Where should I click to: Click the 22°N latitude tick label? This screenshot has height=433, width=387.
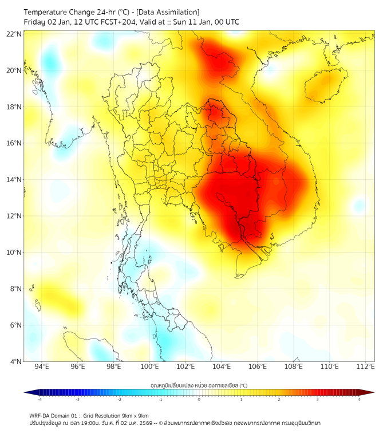(14, 34)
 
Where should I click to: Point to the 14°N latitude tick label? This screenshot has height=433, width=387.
(14, 179)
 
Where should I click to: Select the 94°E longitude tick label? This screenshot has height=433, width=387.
(42, 367)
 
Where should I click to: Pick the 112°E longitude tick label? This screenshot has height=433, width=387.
(365, 367)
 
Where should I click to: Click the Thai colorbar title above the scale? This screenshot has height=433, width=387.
(199, 385)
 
